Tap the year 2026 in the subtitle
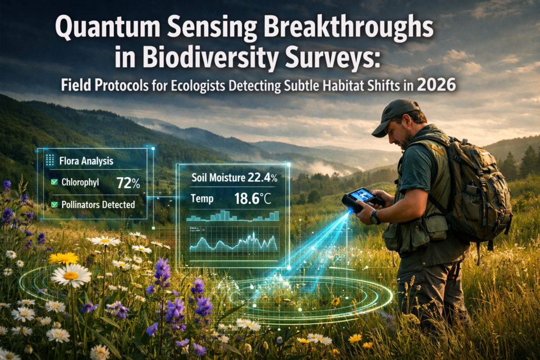click(x=436, y=85)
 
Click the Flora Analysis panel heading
click(x=86, y=160)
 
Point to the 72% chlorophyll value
click(x=128, y=183)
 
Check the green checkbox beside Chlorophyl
click(x=53, y=183)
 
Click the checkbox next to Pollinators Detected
click(x=53, y=204)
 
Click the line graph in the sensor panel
click(x=233, y=242)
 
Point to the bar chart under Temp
click(x=233, y=216)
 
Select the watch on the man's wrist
click(x=375, y=217)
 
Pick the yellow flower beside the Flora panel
click(x=63, y=258)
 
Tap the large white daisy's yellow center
click(x=71, y=275)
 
